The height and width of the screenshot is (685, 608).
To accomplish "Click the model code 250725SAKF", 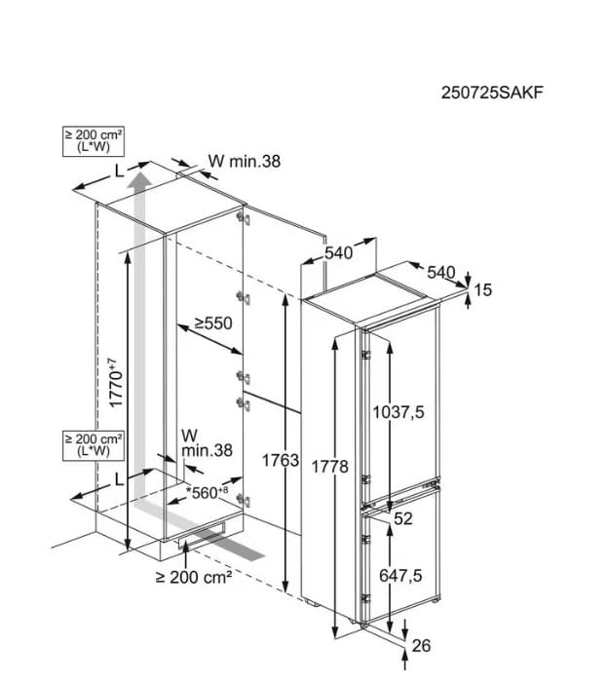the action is (x=492, y=93).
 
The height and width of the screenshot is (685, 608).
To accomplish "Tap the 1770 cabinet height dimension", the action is (x=116, y=383).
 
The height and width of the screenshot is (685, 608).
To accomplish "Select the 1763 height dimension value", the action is (x=281, y=460).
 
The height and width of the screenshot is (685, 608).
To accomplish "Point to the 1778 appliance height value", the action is (x=329, y=467).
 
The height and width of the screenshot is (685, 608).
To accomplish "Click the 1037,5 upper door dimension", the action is (x=399, y=412).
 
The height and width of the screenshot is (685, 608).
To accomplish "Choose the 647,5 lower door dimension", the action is (x=400, y=575).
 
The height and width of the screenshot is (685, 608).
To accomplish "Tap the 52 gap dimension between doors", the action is (x=403, y=518).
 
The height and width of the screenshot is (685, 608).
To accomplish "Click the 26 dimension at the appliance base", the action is (x=422, y=645).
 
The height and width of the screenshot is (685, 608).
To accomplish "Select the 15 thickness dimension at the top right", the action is (x=482, y=289).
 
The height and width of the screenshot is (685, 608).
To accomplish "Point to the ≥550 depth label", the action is (x=213, y=323).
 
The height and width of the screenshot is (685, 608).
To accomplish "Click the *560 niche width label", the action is (x=207, y=492).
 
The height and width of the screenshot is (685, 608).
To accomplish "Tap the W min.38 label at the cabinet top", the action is (x=245, y=161).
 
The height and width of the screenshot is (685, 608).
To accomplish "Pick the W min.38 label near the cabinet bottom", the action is (x=207, y=443).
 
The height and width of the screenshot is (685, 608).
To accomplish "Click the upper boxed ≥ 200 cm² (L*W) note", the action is (x=94, y=141).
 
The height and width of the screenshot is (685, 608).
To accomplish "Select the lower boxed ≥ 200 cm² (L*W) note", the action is (x=94, y=445).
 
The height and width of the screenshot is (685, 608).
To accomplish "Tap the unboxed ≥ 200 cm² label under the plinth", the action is (x=194, y=577).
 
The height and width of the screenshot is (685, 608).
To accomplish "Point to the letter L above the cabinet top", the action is (x=119, y=172).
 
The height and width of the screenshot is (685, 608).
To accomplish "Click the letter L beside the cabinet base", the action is (x=119, y=480).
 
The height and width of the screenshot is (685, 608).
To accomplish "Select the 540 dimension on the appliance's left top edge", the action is (x=338, y=252).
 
